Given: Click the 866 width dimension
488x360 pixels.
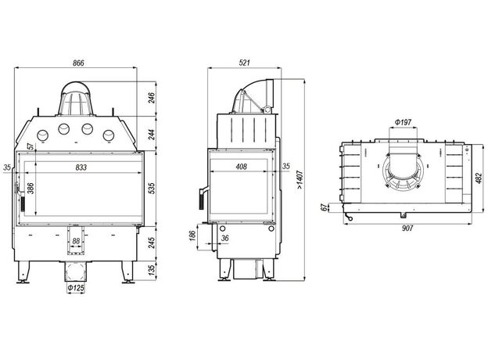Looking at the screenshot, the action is [78, 63].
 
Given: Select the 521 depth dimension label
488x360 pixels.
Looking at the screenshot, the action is [245, 63].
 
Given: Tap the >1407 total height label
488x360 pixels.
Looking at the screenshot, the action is [300, 180].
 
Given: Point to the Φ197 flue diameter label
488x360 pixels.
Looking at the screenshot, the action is [403, 122].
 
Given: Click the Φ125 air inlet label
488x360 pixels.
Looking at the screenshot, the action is [76, 288].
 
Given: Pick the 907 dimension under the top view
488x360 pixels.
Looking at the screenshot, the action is [407, 229].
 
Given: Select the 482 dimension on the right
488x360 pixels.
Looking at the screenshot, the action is [479, 178].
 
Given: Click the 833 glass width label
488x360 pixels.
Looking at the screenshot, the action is [81, 167].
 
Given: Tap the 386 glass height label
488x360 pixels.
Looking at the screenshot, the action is [30, 189].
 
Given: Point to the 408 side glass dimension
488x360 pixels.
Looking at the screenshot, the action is [241, 167].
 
